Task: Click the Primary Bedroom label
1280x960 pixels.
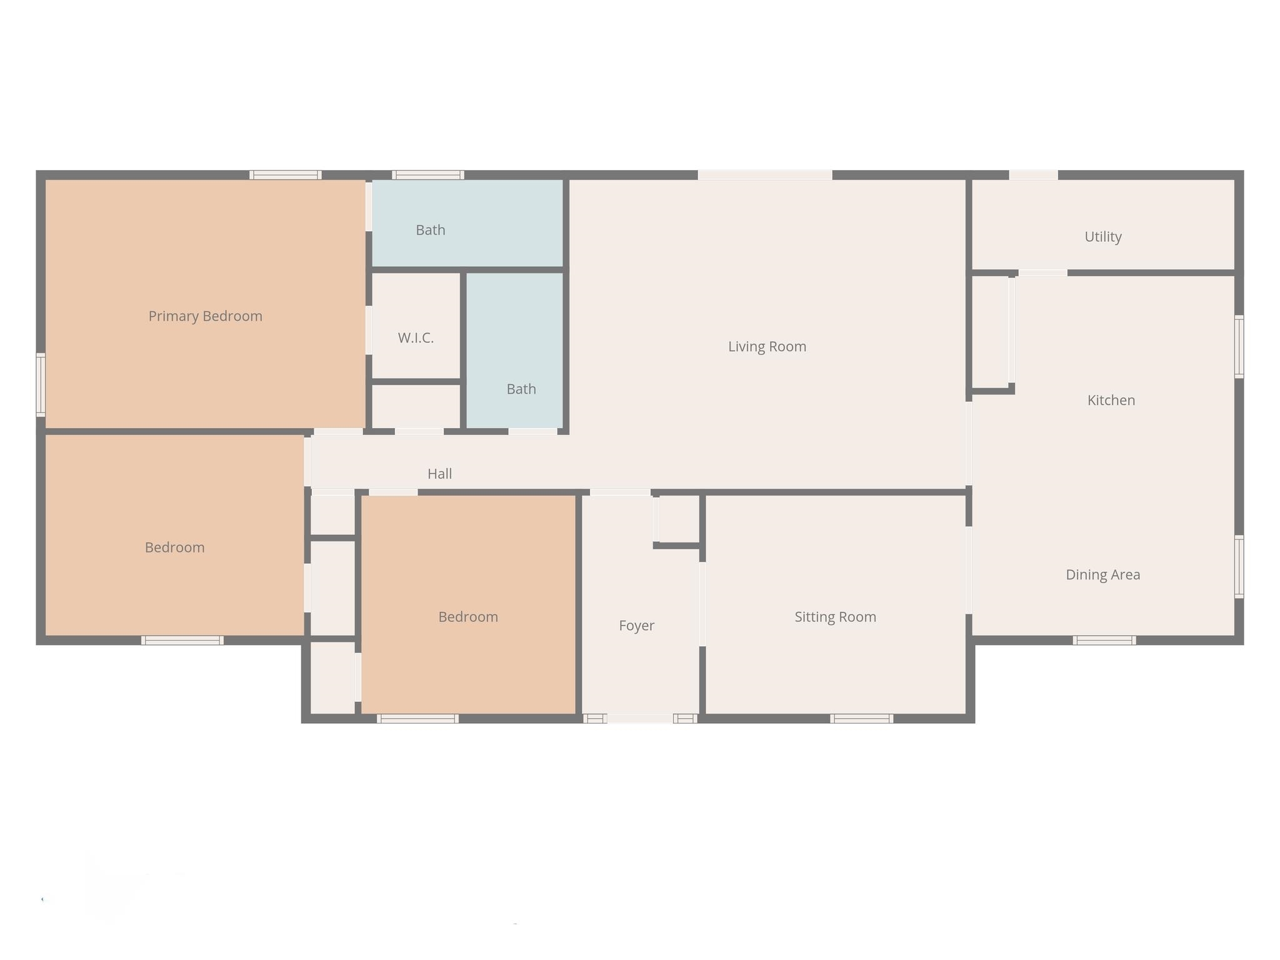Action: coord(205,316)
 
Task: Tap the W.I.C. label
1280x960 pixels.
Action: coord(416,338)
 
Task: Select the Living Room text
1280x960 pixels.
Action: coord(767,347)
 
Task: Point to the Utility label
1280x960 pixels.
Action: coord(1103,237)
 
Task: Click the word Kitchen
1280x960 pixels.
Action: coord(1111,401)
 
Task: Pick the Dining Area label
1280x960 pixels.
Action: coord(1103,575)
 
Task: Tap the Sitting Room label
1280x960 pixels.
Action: coord(835,617)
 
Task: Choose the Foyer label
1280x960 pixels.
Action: coord(636,626)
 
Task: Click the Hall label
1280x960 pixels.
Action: coord(439,474)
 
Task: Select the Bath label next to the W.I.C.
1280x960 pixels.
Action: coord(521,389)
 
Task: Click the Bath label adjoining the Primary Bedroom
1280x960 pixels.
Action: coord(431,230)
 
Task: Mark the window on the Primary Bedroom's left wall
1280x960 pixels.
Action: coord(41,384)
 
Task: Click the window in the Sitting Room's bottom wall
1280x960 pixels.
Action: coord(861,719)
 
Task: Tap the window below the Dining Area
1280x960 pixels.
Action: coord(1104,640)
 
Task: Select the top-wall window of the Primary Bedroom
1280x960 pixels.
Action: coord(286,175)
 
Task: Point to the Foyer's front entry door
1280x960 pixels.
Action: coord(640,719)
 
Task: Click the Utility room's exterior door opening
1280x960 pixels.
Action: coord(1034,175)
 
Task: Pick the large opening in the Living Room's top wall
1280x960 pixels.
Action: coord(765,175)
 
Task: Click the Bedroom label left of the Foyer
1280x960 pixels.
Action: coord(468,617)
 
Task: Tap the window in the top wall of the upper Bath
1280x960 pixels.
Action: coord(428,175)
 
